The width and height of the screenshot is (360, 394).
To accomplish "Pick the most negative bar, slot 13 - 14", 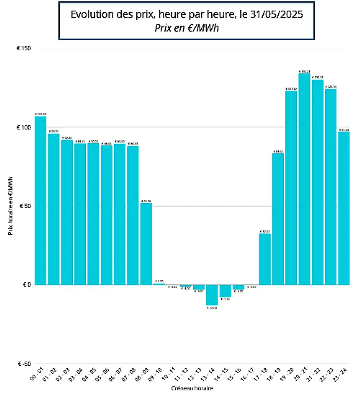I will tap(212, 295).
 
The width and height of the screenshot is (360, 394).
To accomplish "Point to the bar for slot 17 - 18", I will tap(265, 259).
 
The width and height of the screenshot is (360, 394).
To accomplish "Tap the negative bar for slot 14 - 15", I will tap(225, 291).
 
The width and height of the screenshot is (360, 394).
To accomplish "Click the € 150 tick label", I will tap(24, 49).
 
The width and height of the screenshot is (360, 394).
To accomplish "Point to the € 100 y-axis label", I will tap(24, 127).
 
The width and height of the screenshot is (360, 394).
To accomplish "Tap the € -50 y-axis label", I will tap(24, 364).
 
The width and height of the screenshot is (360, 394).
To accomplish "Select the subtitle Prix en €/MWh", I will tap(186, 28).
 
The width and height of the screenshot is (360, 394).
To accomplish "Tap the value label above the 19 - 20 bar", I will tap(291, 89).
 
